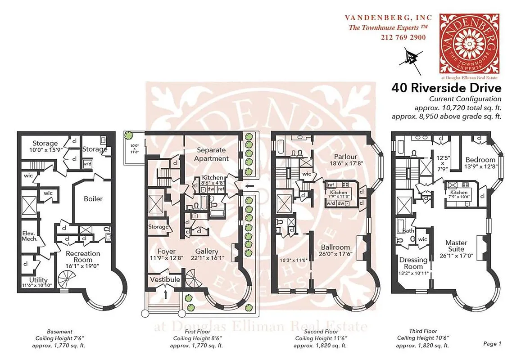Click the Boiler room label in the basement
point(94,198)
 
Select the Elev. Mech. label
point(28,237)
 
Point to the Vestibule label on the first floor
point(164,279)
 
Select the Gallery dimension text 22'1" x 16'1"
point(207,258)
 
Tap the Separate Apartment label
point(211,154)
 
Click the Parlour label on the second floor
point(346,157)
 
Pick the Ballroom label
point(335,247)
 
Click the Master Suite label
point(456,246)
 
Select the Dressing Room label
point(413,263)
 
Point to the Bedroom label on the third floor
point(480,160)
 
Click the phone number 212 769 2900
point(403,37)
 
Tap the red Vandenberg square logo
point(470,43)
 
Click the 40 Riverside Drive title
point(446,87)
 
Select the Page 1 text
point(492,344)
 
